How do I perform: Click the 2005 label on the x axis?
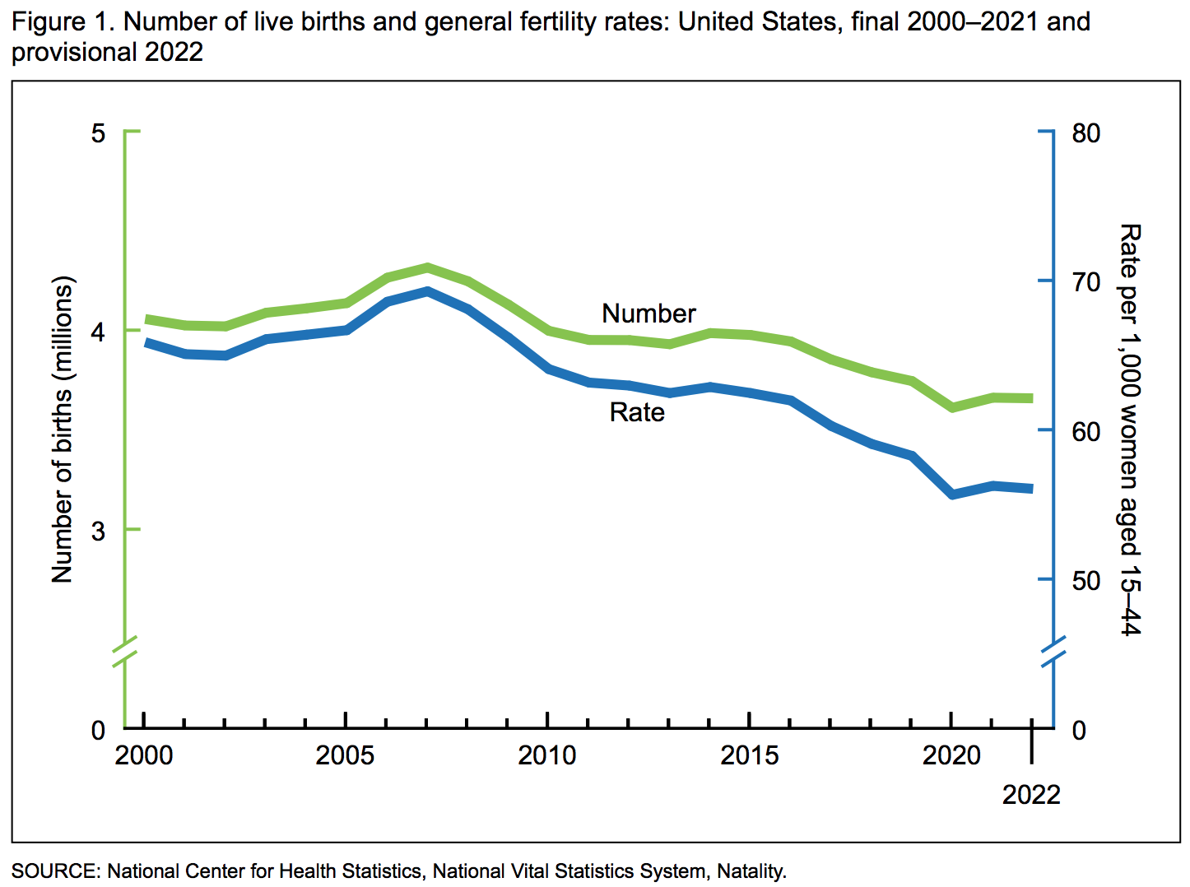[x=345, y=755]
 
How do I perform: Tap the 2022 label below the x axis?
[x=1031, y=795]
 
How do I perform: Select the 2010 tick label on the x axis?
[x=547, y=755]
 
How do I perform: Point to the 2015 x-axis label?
[x=749, y=755]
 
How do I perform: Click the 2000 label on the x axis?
[x=144, y=755]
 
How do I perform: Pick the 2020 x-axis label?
[x=951, y=755]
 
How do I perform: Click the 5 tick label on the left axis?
[x=99, y=132]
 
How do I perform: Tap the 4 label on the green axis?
[x=99, y=332]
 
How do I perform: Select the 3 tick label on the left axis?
[x=99, y=531]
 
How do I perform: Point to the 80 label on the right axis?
[x=1085, y=133]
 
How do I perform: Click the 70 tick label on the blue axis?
[x=1085, y=282]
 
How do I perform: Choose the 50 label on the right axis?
[x=1085, y=581]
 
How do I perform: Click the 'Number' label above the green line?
[x=648, y=313]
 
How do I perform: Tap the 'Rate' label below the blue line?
[x=637, y=412]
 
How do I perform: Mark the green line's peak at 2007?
[x=427, y=267]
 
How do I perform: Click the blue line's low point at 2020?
[x=952, y=495]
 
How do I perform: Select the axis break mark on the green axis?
[x=125, y=650]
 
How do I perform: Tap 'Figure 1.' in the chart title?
[x=63, y=21]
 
